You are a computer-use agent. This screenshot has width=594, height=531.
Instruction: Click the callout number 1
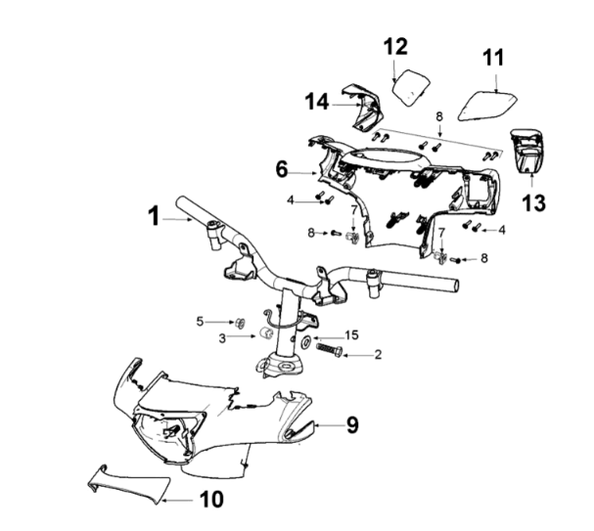click(154, 217)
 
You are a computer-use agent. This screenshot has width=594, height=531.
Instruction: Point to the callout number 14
click(316, 101)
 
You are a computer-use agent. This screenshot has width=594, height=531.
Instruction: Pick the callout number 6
click(281, 169)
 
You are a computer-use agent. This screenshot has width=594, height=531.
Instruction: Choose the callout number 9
click(352, 424)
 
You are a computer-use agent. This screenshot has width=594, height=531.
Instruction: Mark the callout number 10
click(211, 500)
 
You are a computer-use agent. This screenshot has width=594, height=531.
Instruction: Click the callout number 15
click(352, 335)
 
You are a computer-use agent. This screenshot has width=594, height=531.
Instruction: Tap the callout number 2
click(378, 355)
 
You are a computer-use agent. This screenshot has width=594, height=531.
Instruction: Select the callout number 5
click(201, 321)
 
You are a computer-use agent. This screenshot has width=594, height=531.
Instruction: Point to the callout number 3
click(222, 338)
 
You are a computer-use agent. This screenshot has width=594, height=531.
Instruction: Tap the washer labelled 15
click(306, 341)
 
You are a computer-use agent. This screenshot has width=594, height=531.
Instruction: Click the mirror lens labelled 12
click(411, 85)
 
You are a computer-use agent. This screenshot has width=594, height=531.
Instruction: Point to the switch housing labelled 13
click(525, 148)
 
